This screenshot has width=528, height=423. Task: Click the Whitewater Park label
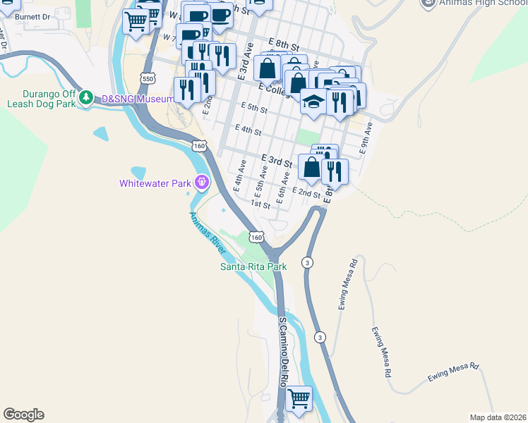point(155,183)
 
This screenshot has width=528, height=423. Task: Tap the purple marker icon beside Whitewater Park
point(202,183)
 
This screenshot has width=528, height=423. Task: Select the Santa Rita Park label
point(253,266)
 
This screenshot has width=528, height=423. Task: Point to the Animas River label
point(208,233)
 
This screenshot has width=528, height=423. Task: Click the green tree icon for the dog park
point(86,97)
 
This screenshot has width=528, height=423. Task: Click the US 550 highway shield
point(148,79)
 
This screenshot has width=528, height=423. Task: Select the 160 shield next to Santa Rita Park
point(256,238)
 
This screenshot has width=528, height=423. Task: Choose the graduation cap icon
point(313,102)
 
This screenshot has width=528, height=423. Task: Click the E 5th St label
point(253,109)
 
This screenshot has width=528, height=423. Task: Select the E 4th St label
point(248,131)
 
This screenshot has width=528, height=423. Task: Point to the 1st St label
point(261,205)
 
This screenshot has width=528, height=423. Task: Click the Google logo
point(23,415)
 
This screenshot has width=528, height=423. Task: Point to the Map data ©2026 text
point(497,417)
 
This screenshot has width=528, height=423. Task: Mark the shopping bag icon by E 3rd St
point(311,167)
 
